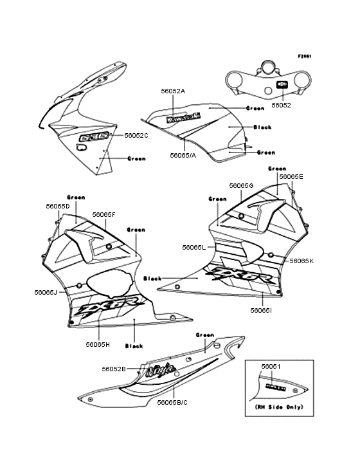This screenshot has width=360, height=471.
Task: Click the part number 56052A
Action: (173, 91)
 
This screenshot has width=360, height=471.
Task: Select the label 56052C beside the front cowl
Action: (136, 135)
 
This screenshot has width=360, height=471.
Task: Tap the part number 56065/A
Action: (183, 155)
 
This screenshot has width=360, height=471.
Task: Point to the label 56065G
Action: (241, 185)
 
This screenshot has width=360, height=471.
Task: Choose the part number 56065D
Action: (57, 206)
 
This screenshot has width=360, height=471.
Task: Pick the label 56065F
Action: (104, 214)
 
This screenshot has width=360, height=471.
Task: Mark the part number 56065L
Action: (194, 247)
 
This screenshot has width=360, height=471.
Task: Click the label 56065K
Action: (301, 261)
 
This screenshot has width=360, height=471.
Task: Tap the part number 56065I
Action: (261, 310)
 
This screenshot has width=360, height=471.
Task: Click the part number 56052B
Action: (113, 369)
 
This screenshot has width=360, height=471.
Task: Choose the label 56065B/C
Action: (172, 402)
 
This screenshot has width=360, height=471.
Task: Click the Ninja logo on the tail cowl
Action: (159, 370)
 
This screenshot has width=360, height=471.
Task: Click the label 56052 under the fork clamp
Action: (281, 104)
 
